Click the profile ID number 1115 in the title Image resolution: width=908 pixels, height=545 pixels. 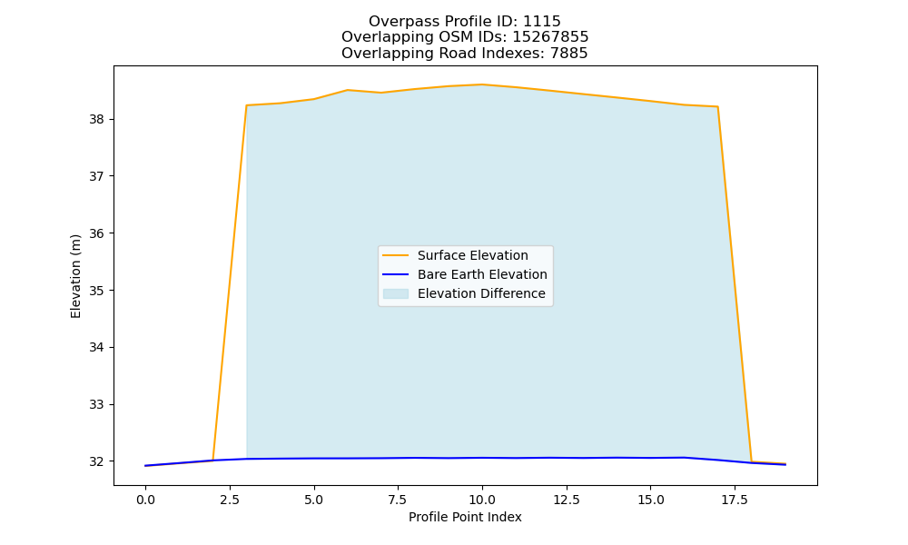(x=541, y=22)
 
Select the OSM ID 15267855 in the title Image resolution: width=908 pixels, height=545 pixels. (x=550, y=37)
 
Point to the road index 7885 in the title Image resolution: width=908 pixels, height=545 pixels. (x=568, y=54)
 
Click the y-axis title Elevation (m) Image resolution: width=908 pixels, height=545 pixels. (x=75, y=276)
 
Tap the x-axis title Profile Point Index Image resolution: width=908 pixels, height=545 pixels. (x=465, y=517)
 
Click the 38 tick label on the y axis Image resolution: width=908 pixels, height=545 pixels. (x=97, y=119)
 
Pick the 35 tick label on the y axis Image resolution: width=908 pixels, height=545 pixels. (x=97, y=290)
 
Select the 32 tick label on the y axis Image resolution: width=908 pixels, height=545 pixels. (x=97, y=461)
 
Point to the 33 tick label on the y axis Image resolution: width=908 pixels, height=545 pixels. (x=97, y=404)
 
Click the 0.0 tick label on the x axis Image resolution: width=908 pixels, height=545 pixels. (x=145, y=500)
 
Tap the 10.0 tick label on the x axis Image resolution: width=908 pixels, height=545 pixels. (x=482, y=500)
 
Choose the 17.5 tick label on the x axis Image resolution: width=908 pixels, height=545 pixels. (x=735, y=500)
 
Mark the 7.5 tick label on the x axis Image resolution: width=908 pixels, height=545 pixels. (x=398, y=500)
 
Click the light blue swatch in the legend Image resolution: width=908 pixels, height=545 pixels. (x=396, y=293)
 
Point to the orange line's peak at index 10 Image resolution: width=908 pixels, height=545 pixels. (x=482, y=84)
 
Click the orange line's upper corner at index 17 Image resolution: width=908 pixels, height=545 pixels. (x=717, y=106)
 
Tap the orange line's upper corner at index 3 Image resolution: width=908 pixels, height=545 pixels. (x=247, y=105)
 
